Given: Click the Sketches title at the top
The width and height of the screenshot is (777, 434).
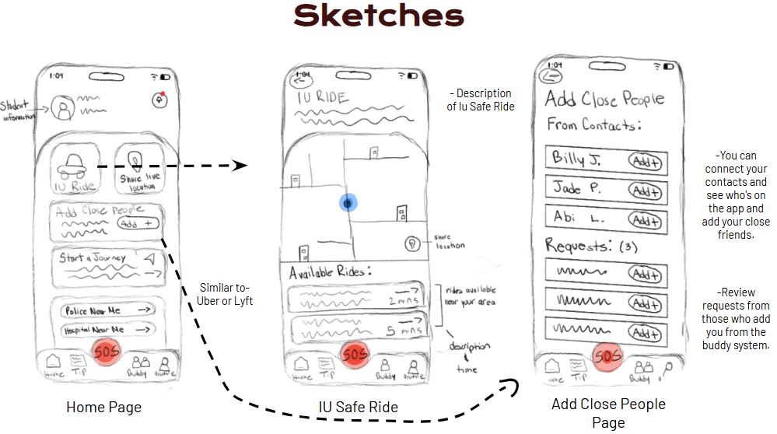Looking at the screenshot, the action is pos(379,16).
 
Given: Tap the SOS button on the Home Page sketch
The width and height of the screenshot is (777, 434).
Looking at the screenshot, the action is pos(107,352).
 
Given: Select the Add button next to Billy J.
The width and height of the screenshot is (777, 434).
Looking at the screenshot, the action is pos(646,161).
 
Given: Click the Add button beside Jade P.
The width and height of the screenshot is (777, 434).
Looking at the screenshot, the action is pos(646,191).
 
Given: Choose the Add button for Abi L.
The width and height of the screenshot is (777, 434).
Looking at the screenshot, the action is pos(646,221).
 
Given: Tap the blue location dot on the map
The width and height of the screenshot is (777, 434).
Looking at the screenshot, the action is pos(348,203).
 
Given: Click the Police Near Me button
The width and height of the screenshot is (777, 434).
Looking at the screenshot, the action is pos(107,311).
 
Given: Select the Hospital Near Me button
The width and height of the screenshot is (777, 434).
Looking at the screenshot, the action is pos(107,331).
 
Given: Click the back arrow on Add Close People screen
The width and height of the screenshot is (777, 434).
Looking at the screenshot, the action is pos(552,75).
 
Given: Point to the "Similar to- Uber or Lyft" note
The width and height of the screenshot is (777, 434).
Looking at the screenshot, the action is pos(225,294).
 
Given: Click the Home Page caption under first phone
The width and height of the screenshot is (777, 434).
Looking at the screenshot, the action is pos(103,407).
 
